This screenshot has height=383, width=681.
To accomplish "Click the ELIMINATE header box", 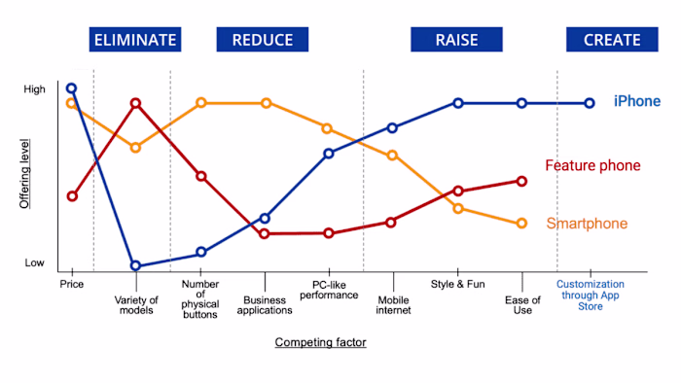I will [x=134, y=40].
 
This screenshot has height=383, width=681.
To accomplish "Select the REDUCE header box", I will [x=262, y=40].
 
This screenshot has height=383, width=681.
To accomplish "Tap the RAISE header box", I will [x=456, y=40].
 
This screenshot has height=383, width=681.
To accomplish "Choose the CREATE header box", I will [x=612, y=40].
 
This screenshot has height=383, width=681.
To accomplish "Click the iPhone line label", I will [x=636, y=101].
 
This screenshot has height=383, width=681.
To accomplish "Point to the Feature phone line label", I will [x=592, y=165].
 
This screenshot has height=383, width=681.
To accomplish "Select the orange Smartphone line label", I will [x=586, y=224].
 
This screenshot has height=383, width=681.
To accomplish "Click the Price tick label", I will [x=71, y=284].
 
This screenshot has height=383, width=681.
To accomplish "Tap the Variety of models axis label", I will [x=136, y=304].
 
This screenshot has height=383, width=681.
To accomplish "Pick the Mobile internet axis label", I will [x=394, y=304].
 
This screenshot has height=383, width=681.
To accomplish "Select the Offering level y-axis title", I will [x=25, y=176].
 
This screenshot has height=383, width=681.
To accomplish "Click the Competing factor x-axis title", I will [x=321, y=342].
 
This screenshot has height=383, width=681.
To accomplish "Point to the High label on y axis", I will [x=34, y=88].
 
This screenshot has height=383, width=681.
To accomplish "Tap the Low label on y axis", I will [x=34, y=262].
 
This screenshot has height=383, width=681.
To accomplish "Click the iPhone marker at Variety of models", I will [x=135, y=265].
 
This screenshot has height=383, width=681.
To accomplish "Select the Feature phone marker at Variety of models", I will [x=135, y=103].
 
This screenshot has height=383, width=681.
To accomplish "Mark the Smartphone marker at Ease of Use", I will [x=521, y=224].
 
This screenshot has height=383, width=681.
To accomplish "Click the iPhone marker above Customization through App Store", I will [x=590, y=103].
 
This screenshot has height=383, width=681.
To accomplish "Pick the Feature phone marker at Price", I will [x=71, y=196].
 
